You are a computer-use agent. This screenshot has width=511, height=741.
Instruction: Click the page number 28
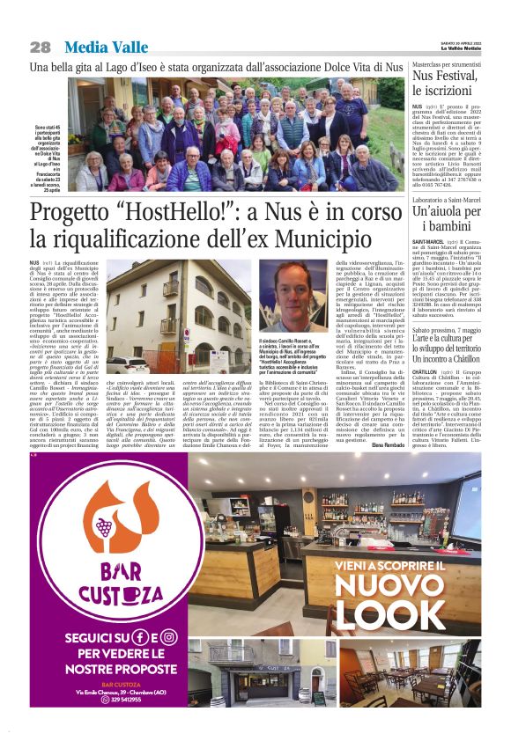40,47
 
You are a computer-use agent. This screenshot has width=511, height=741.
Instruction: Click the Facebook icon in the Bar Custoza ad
140,636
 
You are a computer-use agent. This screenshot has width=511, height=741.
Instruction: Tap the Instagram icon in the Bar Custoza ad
168,636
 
